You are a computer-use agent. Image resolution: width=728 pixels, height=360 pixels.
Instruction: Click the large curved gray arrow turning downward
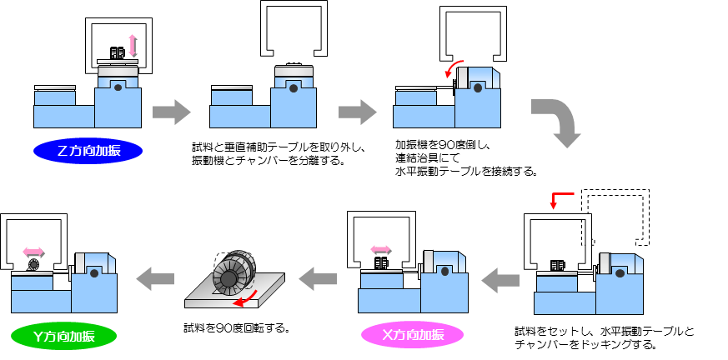coord(557,120)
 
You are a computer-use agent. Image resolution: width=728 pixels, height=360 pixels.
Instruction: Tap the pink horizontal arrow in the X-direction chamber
coord(380,248)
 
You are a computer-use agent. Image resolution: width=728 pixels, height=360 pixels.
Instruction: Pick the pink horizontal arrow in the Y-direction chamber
coord(33,250)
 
